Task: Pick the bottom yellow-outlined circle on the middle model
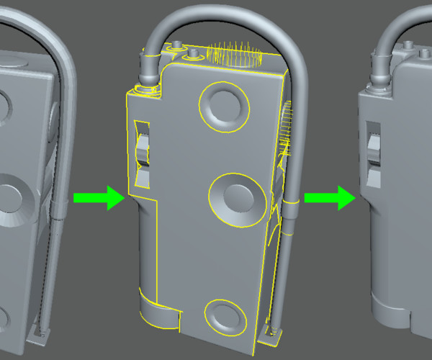point(225,315)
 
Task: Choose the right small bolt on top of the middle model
point(195,53)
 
